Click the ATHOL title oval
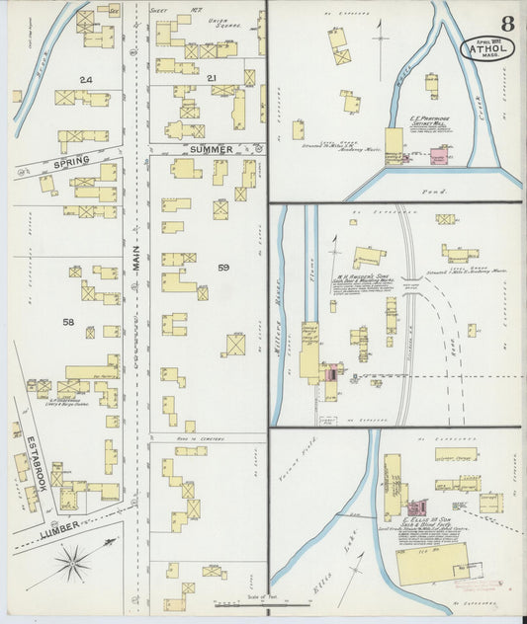tap(487, 47)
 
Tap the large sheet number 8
tap(507, 22)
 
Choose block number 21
tap(211, 77)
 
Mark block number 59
tap(223, 268)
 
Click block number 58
tap(68, 323)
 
